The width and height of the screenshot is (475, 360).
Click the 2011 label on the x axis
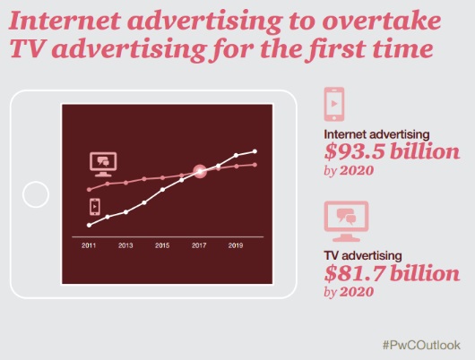pos(89,245)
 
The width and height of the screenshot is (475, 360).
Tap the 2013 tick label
pos(125,245)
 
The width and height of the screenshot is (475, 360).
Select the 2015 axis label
pos(162,245)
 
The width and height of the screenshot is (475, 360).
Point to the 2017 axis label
pos(199,245)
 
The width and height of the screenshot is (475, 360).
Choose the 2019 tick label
pos(236,245)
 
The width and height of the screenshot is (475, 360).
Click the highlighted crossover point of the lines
pos(200,171)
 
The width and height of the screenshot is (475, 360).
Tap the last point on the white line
pos(255,151)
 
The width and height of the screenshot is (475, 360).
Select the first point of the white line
pos(89,225)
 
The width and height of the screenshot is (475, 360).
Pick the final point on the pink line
pos(255,165)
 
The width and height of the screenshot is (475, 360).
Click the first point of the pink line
pos(89,190)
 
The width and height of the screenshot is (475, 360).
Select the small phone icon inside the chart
pos(95,207)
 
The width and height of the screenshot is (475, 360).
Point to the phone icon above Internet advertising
pos(334,104)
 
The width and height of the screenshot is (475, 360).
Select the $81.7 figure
pos(355,273)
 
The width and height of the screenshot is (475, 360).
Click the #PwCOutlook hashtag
pos(421,345)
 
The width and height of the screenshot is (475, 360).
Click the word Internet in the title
pos(65,21)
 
